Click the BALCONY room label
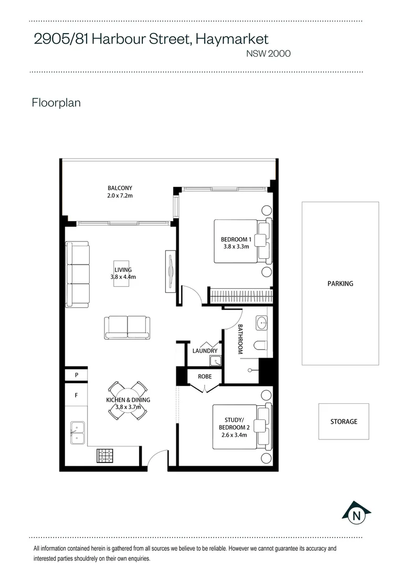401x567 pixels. click(120, 188)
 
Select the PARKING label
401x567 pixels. click(340, 284)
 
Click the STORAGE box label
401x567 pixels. click(344, 422)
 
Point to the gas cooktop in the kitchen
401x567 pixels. click(105, 456)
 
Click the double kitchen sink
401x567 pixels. click(78, 433)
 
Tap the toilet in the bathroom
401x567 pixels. click(261, 345)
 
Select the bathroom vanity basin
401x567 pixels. click(261, 323)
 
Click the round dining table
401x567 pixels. click(128, 401)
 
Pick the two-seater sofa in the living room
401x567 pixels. click(127, 328)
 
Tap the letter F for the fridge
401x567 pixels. click(76, 395)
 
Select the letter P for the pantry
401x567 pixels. click(77, 375)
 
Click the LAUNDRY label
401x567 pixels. click(205, 351)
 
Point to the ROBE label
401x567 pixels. click(205, 376)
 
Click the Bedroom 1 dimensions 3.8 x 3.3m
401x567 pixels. click(236, 247)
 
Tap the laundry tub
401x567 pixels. click(216, 361)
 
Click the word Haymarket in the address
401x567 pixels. click(232, 39)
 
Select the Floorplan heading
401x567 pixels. click(56, 103)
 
